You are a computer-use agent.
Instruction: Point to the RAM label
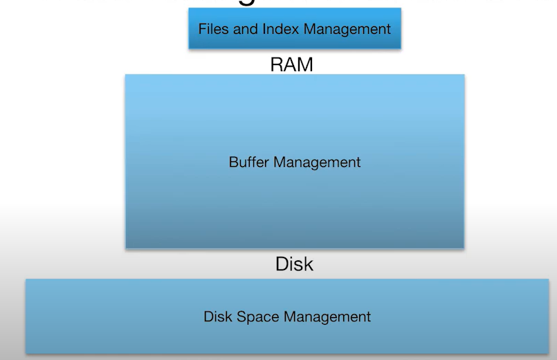tap(291, 65)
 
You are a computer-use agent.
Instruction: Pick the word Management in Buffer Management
tap(317, 163)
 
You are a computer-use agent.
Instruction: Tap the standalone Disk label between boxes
tap(294, 264)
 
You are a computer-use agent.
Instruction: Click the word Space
tap(258, 317)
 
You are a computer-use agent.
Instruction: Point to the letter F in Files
tap(202, 29)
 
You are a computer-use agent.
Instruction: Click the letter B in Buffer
tap(232, 163)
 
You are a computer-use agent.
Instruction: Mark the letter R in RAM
tap(276, 65)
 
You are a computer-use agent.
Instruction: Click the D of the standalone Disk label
tap(281, 264)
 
